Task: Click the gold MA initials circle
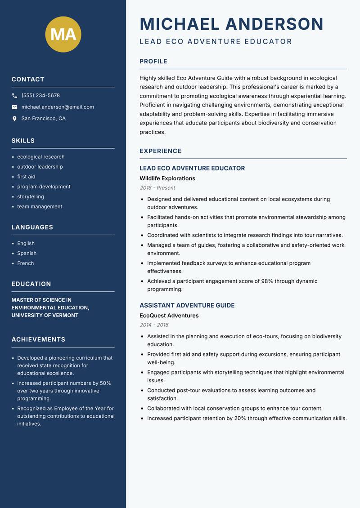click(63, 34)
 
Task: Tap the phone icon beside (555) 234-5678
click(14, 96)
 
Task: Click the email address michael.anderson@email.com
click(58, 107)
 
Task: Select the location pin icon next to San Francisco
click(14, 119)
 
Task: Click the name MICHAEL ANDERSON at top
click(231, 24)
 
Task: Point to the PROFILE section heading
click(153, 62)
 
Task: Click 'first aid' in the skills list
click(26, 177)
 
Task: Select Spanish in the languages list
click(27, 253)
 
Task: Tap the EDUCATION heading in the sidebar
click(31, 284)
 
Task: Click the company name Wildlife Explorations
click(167, 178)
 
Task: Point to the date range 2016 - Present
click(157, 188)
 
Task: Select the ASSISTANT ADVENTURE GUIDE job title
click(187, 305)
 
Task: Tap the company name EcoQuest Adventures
click(169, 316)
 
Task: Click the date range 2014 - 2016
click(154, 325)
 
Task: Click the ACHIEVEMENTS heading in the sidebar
click(38, 339)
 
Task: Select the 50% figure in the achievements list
click(105, 383)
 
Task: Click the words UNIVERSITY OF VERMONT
click(45, 315)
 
